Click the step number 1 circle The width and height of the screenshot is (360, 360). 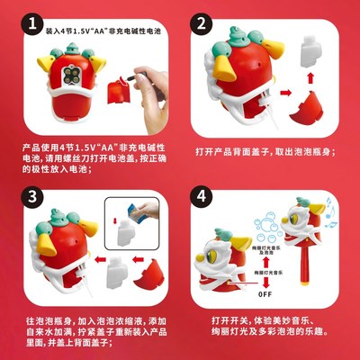31,22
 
